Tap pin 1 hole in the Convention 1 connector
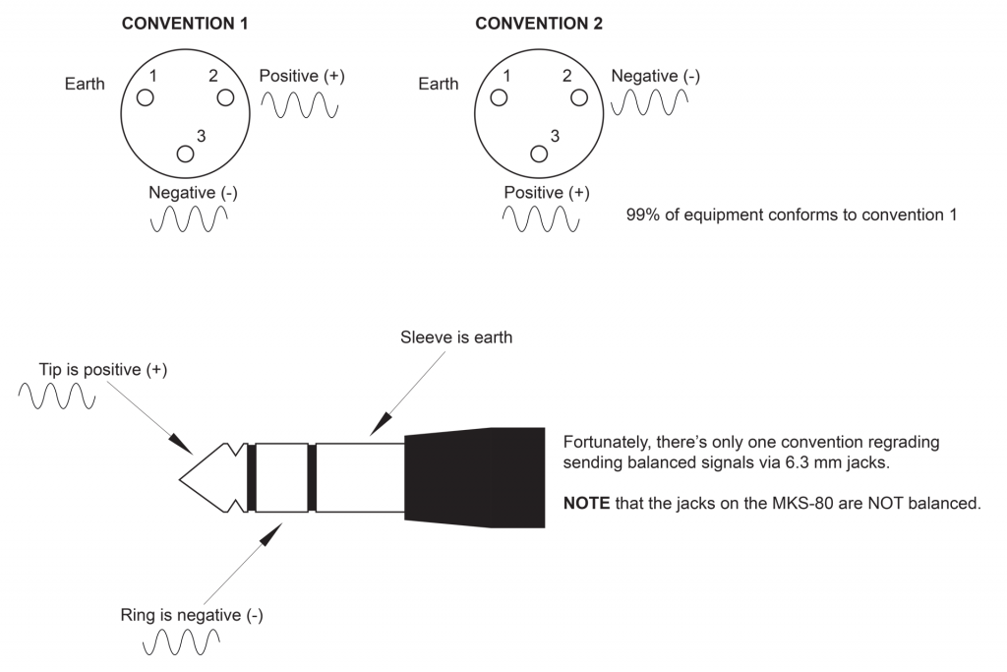(x=146, y=97)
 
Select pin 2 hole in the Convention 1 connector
(x=225, y=97)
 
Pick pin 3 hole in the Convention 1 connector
(x=185, y=153)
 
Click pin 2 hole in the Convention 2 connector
(x=579, y=97)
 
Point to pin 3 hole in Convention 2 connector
(x=539, y=153)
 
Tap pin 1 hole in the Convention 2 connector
(x=500, y=97)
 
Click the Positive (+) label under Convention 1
(x=302, y=76)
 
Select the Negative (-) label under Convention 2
(x=655, y=76)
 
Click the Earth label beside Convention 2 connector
(x=438, y=84)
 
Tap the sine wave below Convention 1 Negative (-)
(x=188, y=219)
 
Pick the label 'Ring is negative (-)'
(x=187, y=616)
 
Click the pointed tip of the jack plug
(x=187, y=478)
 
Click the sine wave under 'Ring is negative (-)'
(x=182, y=644)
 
